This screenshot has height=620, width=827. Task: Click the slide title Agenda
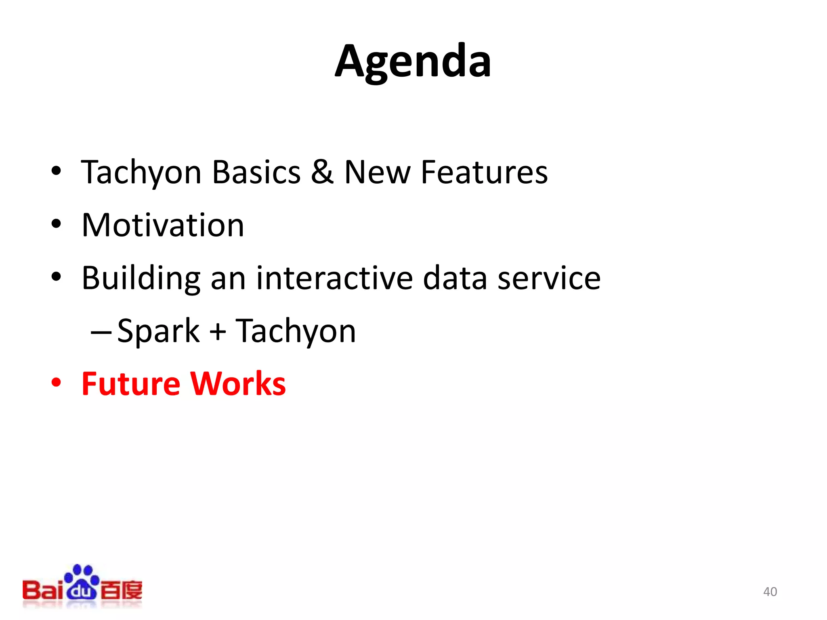pos(413,62)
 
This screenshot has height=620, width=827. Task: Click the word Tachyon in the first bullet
pos(141,172)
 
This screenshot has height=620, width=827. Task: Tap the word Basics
pos(256,172)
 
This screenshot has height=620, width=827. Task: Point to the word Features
pos(484,172)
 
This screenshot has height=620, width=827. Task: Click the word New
pos(377,172)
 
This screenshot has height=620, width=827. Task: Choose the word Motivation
pos(163,225)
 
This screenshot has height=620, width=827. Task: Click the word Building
pos(141,279)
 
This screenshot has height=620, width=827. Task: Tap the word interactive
pos(334,278)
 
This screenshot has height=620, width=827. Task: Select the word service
pos(549,279)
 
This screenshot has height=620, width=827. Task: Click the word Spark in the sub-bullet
pos(158,331)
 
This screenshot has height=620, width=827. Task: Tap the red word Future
pos(131,383)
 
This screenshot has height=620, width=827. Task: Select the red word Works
pos(238,383)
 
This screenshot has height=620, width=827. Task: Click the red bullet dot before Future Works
pos(56,382)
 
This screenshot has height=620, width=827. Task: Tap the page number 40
pos(770,592)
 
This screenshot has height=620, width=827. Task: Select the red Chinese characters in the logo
pos(121,591)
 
